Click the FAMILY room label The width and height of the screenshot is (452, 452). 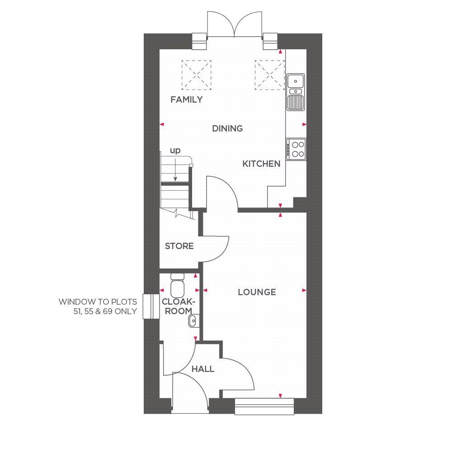click(x=186, y=100)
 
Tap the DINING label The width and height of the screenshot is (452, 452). click(x=227, y=128)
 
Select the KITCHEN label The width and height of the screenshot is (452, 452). click(x=261, y=164)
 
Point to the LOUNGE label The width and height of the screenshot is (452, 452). click(x=257, y=292)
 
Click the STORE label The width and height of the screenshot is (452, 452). click(x=179, y=246)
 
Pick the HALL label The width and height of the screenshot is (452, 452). click(x=202, y=369)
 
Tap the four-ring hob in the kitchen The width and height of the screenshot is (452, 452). click(x=297, y=149)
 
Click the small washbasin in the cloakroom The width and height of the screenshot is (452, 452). click(x=193, y=321)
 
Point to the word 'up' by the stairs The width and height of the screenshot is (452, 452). click(x=175, y=151)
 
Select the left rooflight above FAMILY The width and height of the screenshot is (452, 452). click(x=197, y=74)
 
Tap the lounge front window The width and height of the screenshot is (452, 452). click(x=264, y=406)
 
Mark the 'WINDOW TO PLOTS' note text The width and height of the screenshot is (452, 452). click(x=98, y=306)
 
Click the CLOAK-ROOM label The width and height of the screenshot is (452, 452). click(x=178, y=306)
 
